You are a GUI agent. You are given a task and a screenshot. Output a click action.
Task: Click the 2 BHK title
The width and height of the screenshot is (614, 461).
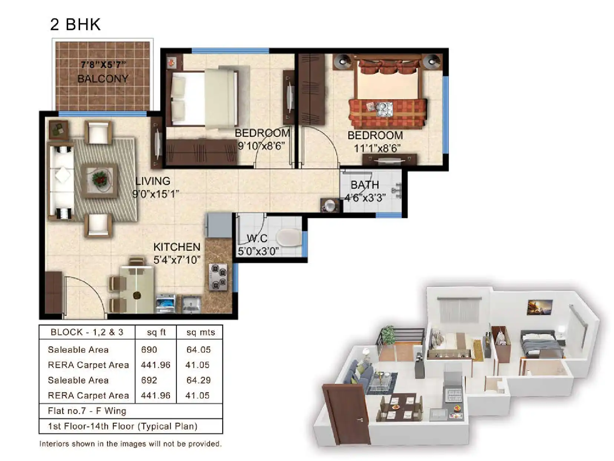[x=75, y=24]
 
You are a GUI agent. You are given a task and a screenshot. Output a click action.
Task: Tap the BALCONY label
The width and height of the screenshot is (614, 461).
[x=103, y=79]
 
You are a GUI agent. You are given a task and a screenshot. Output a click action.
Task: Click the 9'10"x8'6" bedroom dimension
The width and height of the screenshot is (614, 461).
[x=261, y=146]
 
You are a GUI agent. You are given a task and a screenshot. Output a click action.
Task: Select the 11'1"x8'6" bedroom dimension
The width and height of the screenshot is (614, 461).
[x=377, y=149]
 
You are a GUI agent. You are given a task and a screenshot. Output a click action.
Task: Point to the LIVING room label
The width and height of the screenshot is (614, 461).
[x=152, y=181]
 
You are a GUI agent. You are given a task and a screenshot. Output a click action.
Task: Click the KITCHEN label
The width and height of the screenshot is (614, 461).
[x=176, y=247]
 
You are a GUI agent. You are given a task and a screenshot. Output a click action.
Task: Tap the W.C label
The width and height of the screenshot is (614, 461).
[x=257, y=238]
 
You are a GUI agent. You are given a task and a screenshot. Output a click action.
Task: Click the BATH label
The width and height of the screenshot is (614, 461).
[x=365, y=185]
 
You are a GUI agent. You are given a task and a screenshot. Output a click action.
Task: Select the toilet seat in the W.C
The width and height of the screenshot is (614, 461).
[x=289, y=237]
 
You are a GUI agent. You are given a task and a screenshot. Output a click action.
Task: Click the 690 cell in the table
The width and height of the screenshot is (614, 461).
[x=149, y=350]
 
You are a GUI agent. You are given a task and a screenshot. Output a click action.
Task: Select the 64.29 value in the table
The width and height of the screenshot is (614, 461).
[x=198, y=380]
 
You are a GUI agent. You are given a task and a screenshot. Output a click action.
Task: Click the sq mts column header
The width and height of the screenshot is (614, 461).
[x=201, y=332]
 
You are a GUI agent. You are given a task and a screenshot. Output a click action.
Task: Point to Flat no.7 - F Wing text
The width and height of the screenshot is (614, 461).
[x=87, y=411]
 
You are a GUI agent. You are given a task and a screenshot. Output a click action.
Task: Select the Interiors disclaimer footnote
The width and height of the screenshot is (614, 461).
[x=131, y=444]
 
